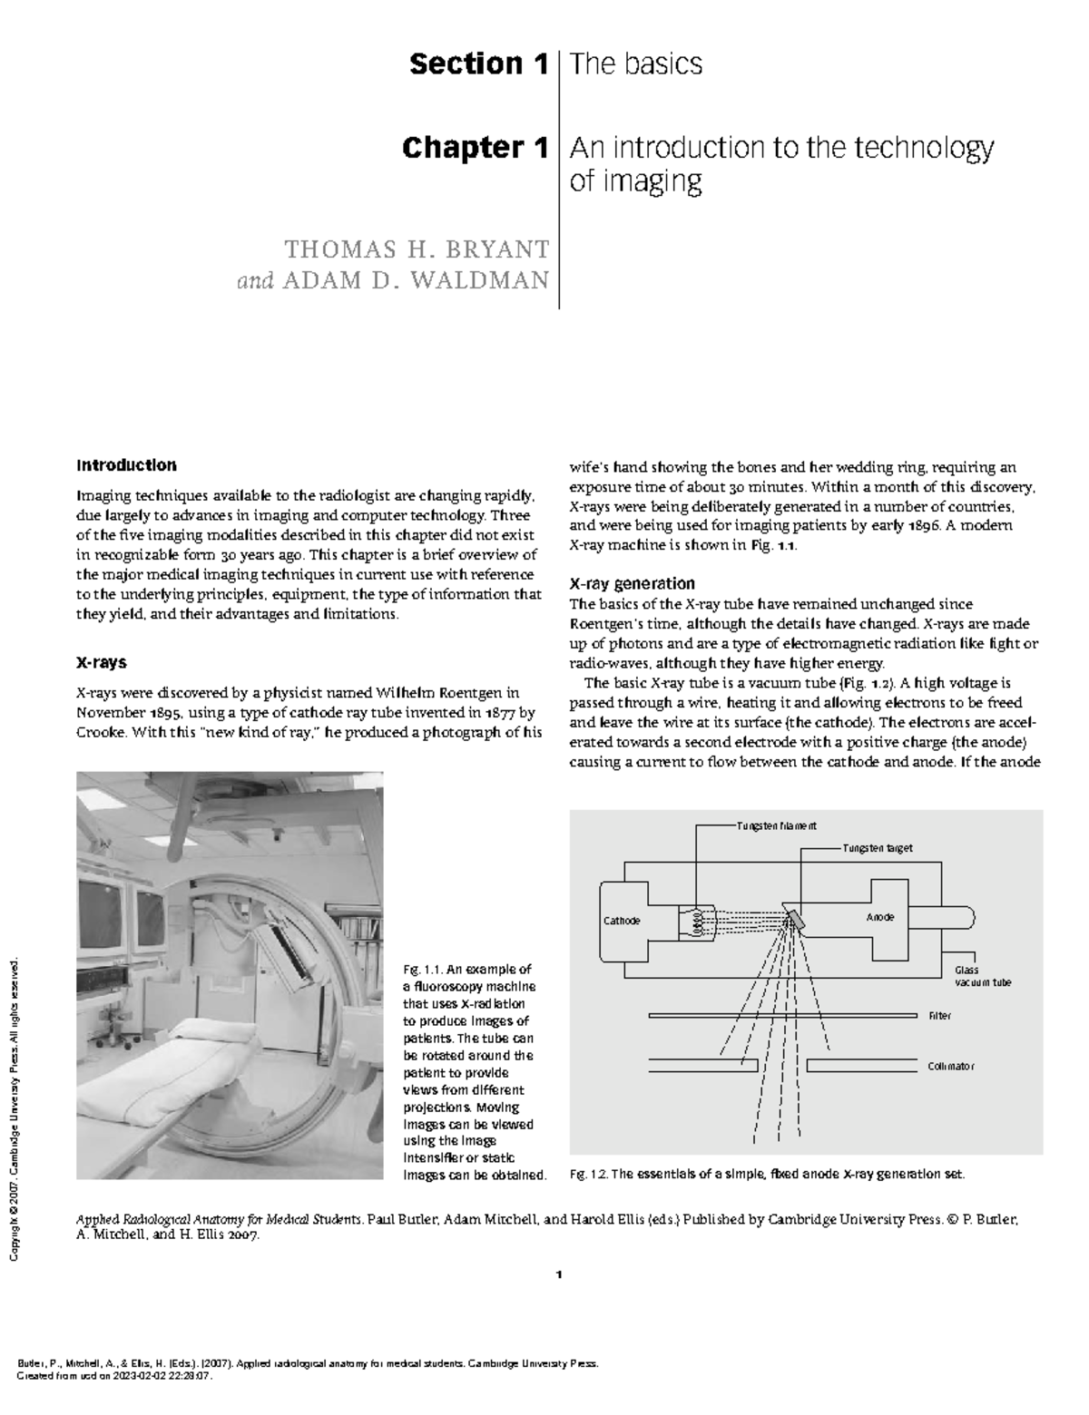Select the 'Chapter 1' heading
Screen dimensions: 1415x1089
[x=475, y=148]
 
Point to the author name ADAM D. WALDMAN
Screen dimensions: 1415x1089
[x=417, y=280]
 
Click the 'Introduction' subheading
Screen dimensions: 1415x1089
[x=126, y=465]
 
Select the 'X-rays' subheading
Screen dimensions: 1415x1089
[x=102, y=663]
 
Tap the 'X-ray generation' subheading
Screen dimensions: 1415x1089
[x=632, y=583]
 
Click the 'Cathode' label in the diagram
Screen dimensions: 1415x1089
[x=623, y=921]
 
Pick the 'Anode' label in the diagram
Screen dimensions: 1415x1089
[x=880, y=917]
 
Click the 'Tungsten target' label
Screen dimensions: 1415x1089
[x=877, y=848]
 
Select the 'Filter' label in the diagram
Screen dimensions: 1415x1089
[x=939, y=1016]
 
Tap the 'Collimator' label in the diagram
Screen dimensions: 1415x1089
[x=951, y=1066]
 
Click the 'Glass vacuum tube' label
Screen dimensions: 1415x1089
[x=982, y=976]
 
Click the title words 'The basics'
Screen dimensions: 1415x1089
[x=635, y=64]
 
